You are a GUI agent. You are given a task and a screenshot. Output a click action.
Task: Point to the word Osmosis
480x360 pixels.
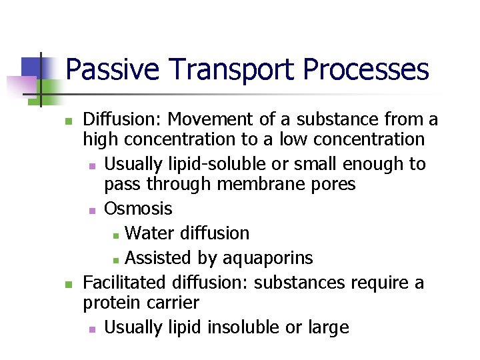tap(138, 209)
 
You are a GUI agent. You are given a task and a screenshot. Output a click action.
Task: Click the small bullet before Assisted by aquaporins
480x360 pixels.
tap(116, 259)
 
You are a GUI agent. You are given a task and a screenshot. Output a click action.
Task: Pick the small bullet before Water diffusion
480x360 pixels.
tap(116, 235)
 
